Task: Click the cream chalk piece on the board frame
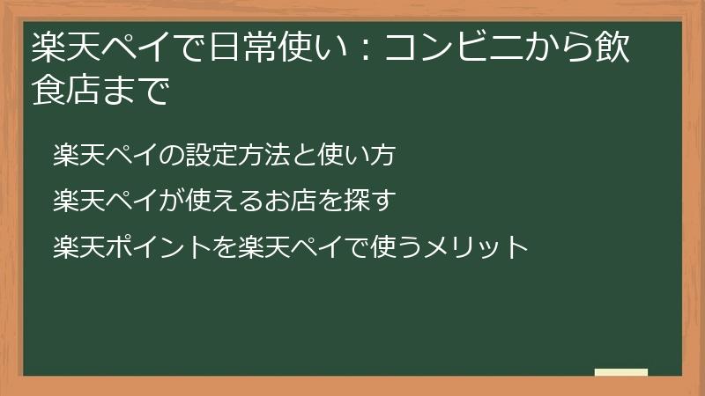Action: (621, 373)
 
